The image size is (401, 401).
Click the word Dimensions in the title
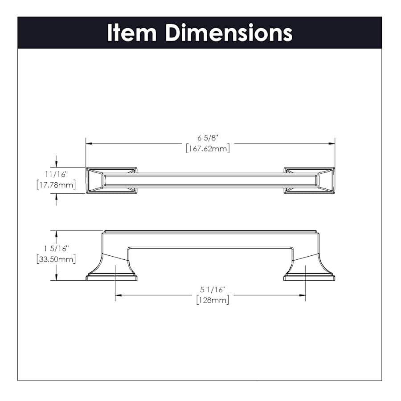point(229,33)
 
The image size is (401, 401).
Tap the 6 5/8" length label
point(207,138)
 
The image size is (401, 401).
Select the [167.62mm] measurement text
point(208,148)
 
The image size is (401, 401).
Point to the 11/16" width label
point(57,174)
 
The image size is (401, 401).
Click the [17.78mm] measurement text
point(56,184)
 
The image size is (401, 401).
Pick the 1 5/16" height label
point(57,248)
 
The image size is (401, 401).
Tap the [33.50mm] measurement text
point(56,259)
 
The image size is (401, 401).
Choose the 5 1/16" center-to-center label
point(213,290)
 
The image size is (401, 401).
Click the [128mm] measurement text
point(213,300)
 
